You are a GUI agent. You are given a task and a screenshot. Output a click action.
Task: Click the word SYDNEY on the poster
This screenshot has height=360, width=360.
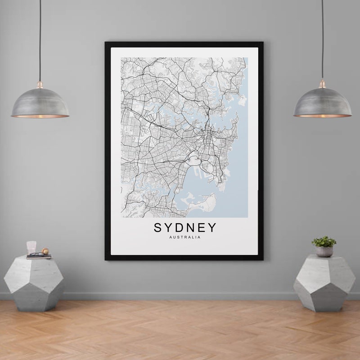pos(185,228)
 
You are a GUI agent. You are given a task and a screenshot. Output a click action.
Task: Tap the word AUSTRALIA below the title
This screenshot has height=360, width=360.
pos(185,238)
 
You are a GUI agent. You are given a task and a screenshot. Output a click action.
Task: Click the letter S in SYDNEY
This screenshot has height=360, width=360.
pos(158,228)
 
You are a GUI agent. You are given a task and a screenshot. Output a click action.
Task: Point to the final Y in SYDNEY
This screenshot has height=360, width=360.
pos(211,228)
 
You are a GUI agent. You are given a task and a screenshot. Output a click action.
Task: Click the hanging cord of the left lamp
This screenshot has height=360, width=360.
pos(40,40)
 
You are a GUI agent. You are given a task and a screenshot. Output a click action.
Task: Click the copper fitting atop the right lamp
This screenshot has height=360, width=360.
pos(322,84)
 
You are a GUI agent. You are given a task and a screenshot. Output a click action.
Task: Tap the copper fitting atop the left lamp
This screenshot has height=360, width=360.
pos(40,85)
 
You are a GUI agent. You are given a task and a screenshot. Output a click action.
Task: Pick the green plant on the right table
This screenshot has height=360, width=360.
pos(324,241)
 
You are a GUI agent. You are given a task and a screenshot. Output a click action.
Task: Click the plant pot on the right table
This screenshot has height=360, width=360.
pos(324,252)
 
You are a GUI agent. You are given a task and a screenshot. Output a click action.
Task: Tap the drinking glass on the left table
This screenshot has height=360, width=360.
pos(31,247)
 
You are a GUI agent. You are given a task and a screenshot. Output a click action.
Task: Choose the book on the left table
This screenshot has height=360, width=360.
pos(39,256)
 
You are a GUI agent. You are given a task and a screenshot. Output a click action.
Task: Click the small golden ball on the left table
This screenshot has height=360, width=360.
pos(45,251)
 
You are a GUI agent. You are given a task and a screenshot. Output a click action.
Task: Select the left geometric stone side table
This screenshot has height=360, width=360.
pos(34,281)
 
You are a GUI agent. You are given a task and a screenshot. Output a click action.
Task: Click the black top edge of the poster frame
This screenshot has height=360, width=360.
pos(184,44)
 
